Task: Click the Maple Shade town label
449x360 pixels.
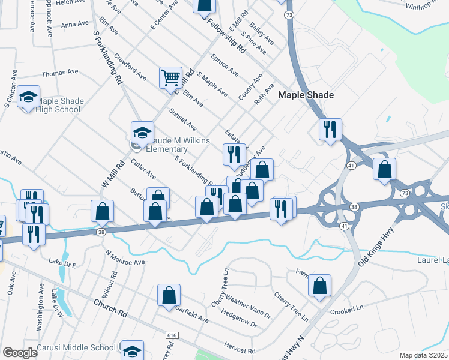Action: pos(306,95)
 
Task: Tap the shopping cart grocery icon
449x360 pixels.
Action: pos(170,77)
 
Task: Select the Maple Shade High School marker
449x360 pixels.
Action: pos(28,98)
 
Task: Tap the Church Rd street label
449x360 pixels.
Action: pos(111,309)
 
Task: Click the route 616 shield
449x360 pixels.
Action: pos(173,333)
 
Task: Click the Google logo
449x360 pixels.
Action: pos(20,353)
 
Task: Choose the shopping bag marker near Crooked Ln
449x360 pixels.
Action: pos(319,287)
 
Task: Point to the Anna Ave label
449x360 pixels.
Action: pos(75,25)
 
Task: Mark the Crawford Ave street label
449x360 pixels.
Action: pos(131,69)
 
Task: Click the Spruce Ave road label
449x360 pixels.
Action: pos(224,65)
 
